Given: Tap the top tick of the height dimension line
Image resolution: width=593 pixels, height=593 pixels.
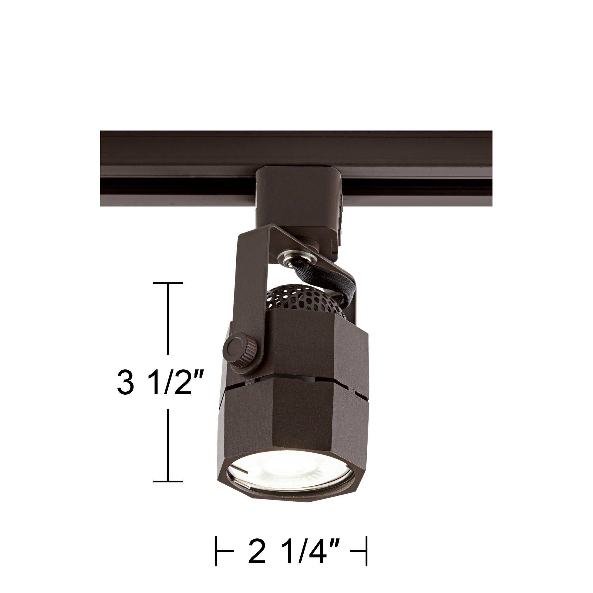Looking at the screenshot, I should pyautogui.click(x=168, y=283).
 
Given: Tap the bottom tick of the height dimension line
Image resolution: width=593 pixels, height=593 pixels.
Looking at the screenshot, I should pyautogui.click(x=168, y=481).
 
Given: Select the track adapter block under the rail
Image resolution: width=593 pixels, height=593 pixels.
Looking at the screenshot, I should pyautogui.click(x=295, y=197).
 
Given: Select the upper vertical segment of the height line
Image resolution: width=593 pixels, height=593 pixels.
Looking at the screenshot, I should pyautogui.click(x=168, y=319).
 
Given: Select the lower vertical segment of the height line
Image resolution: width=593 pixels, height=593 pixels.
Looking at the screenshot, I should pyautogui.click(x=168, y=445).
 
